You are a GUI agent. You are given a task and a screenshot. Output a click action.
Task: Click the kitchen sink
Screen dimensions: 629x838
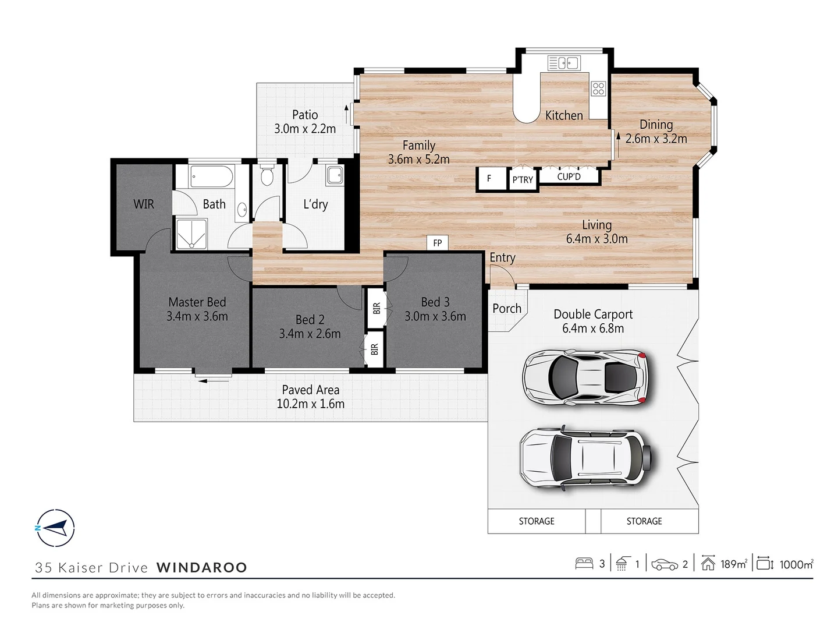tap(563, 63)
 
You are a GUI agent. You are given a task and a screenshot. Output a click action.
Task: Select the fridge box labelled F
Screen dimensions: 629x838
tap(489, 179)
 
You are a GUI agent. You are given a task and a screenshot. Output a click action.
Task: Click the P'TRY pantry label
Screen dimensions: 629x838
tap(522, 180)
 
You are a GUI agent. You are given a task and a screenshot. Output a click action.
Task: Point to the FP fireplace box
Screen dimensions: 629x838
tap(437, 243)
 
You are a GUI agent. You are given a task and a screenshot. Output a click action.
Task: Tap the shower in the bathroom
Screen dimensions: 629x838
tap(190, 235)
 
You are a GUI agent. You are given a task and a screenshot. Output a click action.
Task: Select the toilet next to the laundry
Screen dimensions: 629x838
tap(267, 175)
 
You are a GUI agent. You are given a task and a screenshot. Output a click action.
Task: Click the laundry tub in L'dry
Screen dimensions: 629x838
tap(334, 175)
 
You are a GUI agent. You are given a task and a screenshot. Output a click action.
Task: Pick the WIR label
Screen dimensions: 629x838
tap(144, 204)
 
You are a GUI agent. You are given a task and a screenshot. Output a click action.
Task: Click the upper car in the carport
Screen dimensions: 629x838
tap(585, 376)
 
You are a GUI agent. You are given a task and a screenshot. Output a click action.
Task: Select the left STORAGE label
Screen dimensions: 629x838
tap(537, 521)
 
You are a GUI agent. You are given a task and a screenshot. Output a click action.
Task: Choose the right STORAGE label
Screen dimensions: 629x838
tap(644, 521)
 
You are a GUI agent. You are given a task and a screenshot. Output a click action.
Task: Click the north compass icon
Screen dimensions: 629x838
tap(55, 528)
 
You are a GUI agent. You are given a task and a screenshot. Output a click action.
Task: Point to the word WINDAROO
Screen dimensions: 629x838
tap(202, 567)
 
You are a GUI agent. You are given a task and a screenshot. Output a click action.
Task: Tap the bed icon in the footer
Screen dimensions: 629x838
tap(583, 564)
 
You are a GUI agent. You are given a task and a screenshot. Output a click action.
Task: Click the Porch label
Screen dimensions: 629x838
tap(507, 309)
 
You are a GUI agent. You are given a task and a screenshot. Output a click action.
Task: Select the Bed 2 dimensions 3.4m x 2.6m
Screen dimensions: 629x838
tap(310, 334)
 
